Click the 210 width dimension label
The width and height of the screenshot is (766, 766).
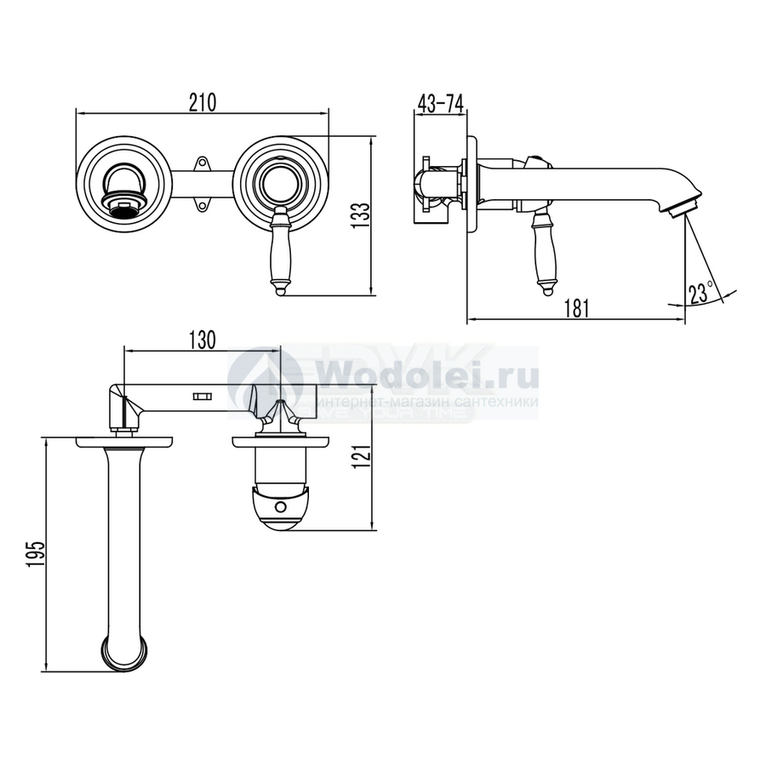coord(203,103)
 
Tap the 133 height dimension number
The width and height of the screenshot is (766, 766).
coord(363,216)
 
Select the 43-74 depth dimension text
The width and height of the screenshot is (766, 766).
coord(441,104)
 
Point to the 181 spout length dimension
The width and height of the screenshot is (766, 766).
coord(576,308)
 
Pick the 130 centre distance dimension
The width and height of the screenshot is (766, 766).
coord(202,340)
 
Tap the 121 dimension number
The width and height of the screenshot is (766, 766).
coord(363,457)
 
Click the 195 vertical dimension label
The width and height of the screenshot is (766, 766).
coord(36,553)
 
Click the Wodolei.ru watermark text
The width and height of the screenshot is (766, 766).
coord(427,375)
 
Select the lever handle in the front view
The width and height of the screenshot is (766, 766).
coord(280,250)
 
